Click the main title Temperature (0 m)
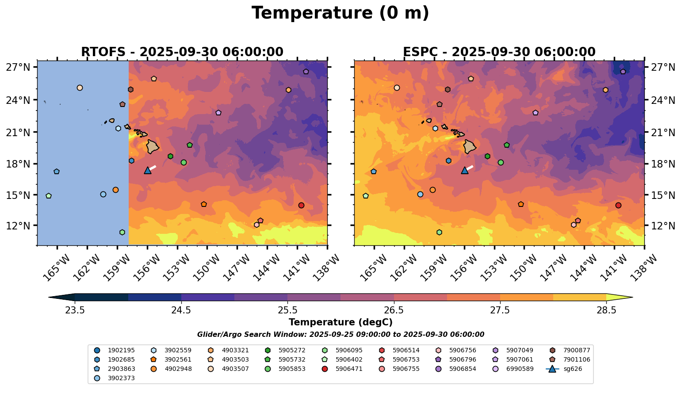pyautogui.click(x=340, y=13)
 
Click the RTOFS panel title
pyautogui.click(x=182, y=52)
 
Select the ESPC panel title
pyautogui.click(x=499, y=52)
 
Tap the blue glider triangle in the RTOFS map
pyautogui.click(x=147, y=170)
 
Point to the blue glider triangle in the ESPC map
pyautogui.click(x=464, y=170)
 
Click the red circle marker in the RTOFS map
pyautogui.click(x=301, y=206)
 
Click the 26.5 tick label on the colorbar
pyautogui.click(x=394, y=310)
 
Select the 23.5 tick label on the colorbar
pyautogui.click(x=75, y=310)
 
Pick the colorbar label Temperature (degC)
pyautogui.click(x=340, y=322)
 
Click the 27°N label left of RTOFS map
pyautogui.click(x=18, y=67)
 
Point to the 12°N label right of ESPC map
pyautogui.click(x=663, y=226)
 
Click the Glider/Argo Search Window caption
pyautogui.click(x=340, y=335)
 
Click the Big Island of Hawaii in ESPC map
pyautogui.click(x=470, y=147)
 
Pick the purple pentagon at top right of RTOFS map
pyautogui.click(x=306, y=72)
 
